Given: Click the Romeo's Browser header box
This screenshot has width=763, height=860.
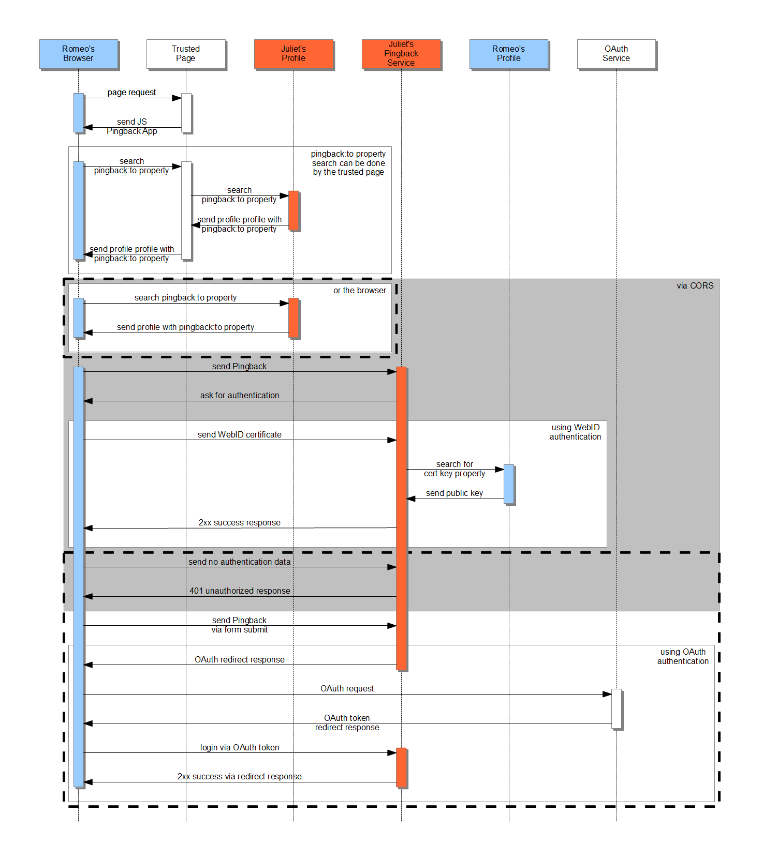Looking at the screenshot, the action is [79, 54].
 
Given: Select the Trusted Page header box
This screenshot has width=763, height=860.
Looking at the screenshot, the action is [186, 54].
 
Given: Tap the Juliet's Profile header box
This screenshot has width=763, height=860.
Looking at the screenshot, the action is [294, 54].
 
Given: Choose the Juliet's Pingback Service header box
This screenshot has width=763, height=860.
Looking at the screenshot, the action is [401, 54].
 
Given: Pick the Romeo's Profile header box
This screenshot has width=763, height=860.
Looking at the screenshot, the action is [509, 54].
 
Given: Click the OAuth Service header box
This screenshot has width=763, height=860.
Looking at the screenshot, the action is [617, 54].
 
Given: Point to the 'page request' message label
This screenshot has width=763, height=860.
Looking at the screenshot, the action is [131, 93].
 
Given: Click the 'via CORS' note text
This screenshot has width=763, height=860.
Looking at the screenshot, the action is [695, 286].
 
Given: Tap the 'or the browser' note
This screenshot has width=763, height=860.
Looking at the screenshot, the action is [360, 291].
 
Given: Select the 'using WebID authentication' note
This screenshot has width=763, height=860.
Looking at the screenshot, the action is [575, 432].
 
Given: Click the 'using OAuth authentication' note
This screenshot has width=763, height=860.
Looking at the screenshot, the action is [683, 657].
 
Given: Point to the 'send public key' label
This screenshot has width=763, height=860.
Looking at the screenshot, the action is [454, 493].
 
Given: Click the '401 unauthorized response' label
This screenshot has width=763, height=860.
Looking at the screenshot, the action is [240, 591].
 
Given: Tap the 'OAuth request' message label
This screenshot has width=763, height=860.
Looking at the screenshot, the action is [347, 689].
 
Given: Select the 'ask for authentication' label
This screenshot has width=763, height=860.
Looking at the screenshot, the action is [240, 396].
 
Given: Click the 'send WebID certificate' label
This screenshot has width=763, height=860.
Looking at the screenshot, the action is [240, 435].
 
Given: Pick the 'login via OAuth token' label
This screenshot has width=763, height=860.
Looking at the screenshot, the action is [240, 748].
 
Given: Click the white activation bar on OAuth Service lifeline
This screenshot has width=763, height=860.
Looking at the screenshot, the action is [617, 708].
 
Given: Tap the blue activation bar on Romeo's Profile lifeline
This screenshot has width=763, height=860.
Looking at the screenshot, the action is [509, 484].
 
